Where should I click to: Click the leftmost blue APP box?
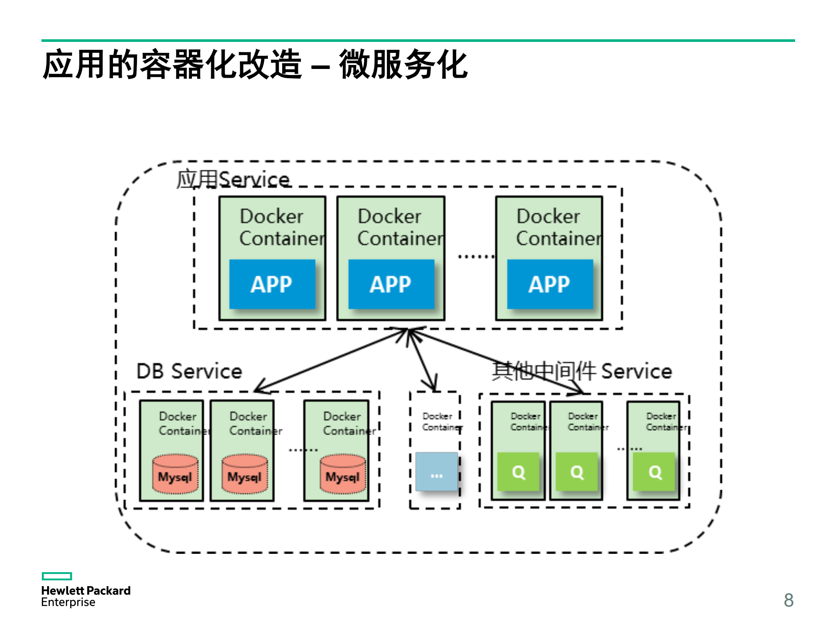(x=272, y=284)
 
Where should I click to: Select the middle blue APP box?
(x=391, y=284)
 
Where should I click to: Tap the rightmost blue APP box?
(x=550, y=284)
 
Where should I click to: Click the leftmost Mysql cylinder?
(x=175, y=474)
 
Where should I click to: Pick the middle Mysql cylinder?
(x=244, y=474)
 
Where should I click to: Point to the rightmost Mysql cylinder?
(x=343, y=474)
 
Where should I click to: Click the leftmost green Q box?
(x=518, y=472)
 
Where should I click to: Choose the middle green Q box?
(x=577, y=472)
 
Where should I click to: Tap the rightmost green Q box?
(x=654, y=472)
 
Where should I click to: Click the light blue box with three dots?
(x=436, y=472)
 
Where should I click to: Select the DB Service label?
(x=189, y=371)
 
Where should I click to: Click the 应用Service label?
(x=233, y=179)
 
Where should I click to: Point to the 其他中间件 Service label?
(x=582, y=371)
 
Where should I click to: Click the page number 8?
(x=788, y=600)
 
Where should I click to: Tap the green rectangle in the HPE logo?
(x=57, y=576)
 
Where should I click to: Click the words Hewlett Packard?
(x=85, y=590)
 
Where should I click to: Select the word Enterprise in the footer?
(x=68, y=602)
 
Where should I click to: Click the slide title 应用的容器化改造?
(x=172, y=65)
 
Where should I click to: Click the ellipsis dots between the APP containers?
(x=475, y=257)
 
